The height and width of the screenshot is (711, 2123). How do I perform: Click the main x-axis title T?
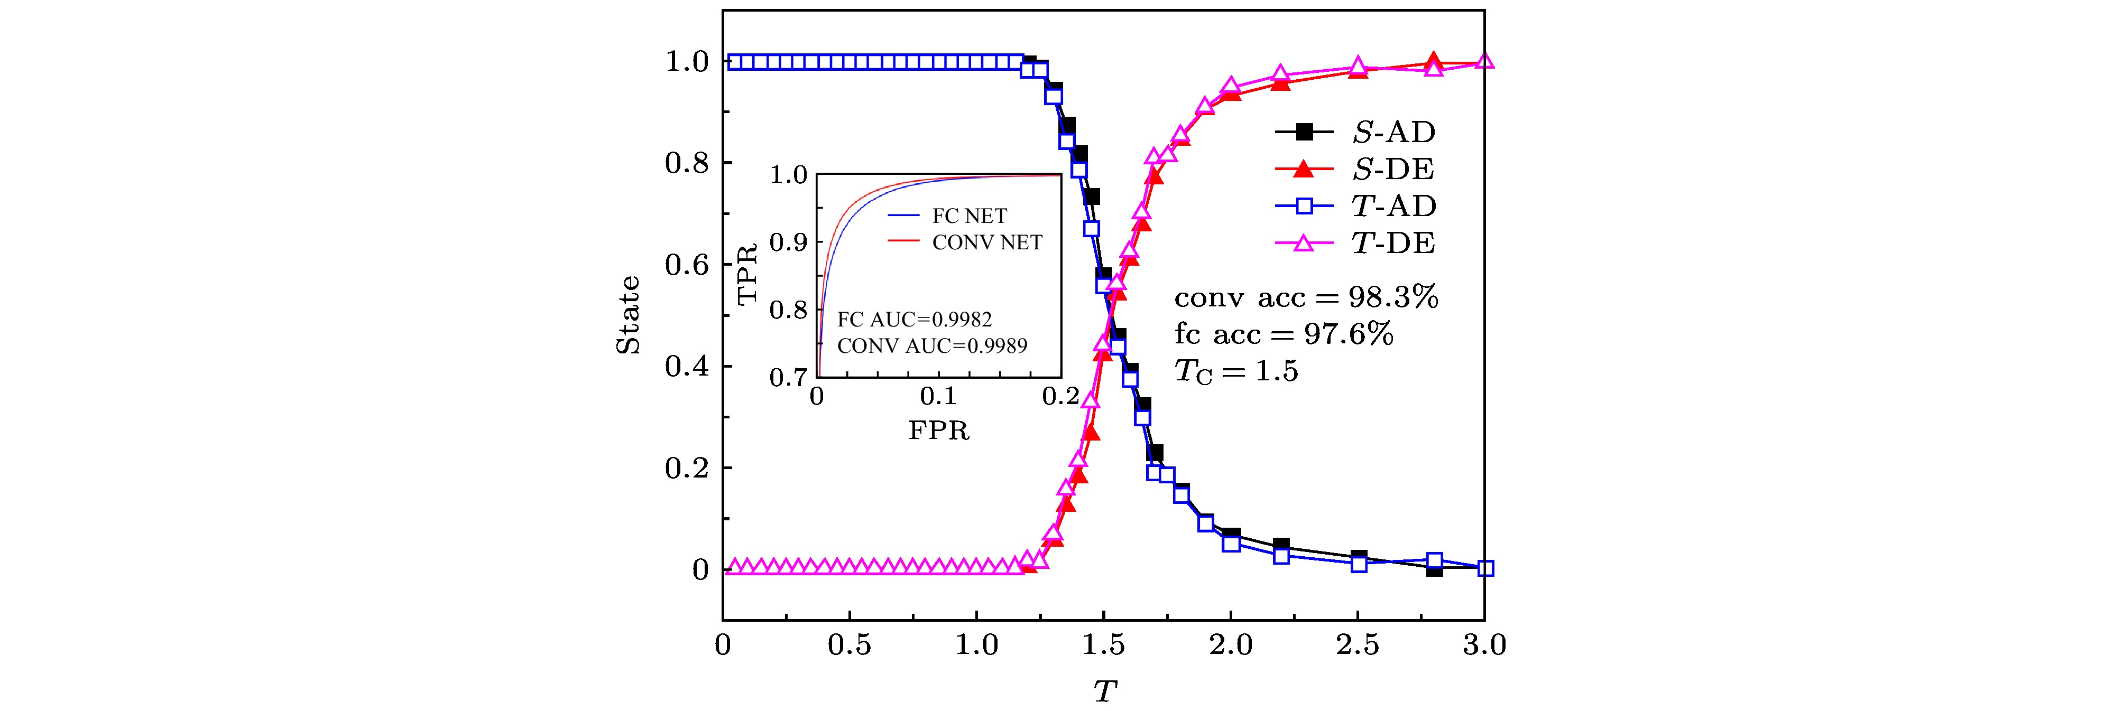click(x=1104, y=690)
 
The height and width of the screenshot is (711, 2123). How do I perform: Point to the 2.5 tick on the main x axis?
click(x=1358, y=644)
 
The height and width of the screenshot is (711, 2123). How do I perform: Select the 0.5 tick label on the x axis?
click(x=850, y=644)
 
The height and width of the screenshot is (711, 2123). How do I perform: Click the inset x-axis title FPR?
click(x=939, y=430)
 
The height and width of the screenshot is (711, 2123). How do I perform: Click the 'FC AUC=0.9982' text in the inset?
click(x=915, y=319)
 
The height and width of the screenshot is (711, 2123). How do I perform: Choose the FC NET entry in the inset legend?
click(x=969, y=216)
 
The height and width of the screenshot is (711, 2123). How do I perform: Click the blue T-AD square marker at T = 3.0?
click(x=1485, y=568)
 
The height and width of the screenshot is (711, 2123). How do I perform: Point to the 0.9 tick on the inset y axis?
click(x=788, y=242)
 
